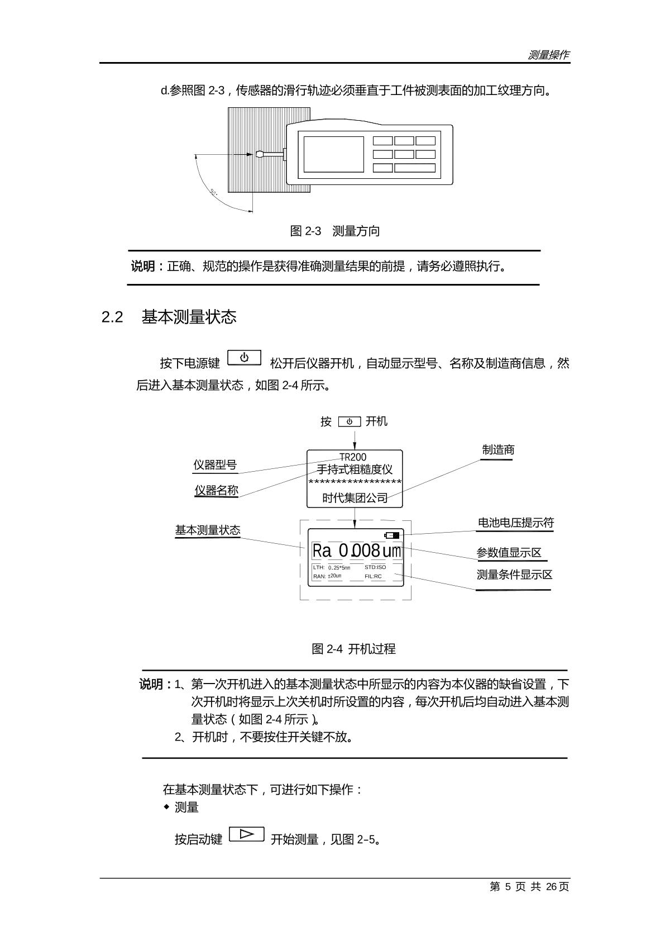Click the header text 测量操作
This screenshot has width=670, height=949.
[548, 55]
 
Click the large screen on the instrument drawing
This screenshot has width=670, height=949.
[333, 154]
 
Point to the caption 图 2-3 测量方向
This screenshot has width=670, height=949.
[335, 231]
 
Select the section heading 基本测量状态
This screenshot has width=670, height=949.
[189, 317]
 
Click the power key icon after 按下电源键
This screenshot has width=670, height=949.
[245, 358]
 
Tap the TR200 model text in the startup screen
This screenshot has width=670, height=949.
[353, 457]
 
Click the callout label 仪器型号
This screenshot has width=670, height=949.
[215, 465]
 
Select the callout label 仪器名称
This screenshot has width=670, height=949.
[216, 490]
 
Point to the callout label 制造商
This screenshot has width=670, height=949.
[498, 450]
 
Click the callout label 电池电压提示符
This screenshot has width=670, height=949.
[515, 523]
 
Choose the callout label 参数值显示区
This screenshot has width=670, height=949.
[509, 553]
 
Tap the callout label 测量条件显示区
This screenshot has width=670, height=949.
[514, 575]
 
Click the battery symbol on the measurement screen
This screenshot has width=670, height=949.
[392, 535]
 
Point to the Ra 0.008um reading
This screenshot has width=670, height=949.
[356, 551]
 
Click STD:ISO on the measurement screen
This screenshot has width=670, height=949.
[375, 567]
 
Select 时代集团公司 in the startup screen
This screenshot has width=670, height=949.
[355, 498]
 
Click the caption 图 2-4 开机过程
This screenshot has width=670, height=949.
[353, 649]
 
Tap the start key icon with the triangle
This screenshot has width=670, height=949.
[246, 834]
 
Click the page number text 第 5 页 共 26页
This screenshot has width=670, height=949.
[529, 887]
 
